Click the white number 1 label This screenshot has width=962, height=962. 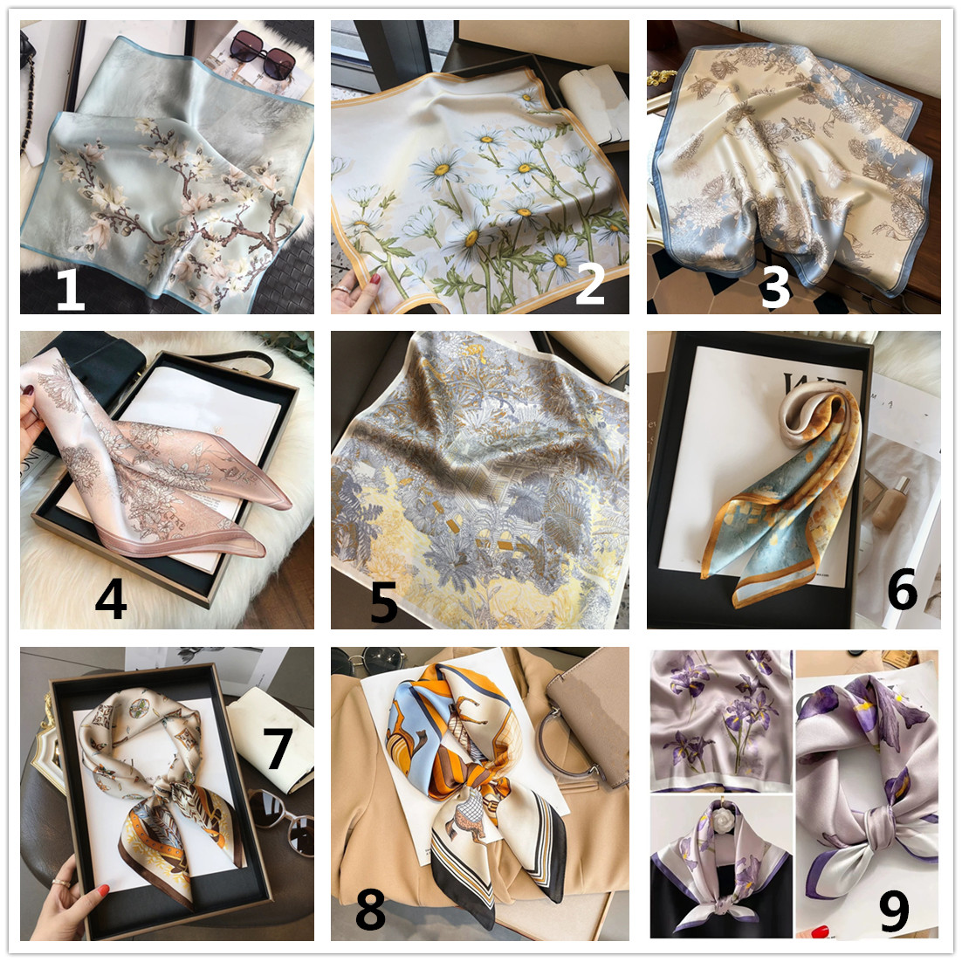pyautogui.click(x=71, y=290)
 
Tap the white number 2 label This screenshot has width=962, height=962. pyautogui.click(x=590, y=284)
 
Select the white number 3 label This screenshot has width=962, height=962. pyautogui.click(x=775, y=287)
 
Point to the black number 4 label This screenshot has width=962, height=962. pyautogui.click(x=111, y=600)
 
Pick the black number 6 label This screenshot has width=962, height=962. pyautogui.click(x=903, y=589)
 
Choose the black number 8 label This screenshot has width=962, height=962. pyautogui.click(x=370, y=910)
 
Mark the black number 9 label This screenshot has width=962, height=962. pyautogui.click(x=894, y=911)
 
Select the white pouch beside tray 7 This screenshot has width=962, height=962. pyautogui.click(x=270, y=736)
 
